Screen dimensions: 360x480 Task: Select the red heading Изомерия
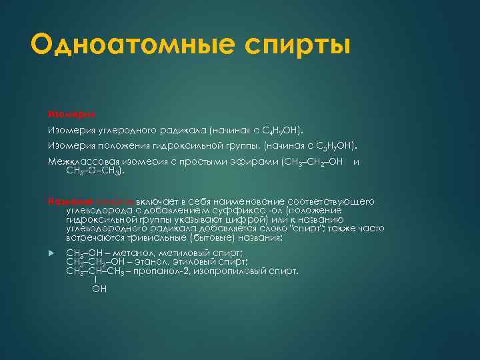(66, 112)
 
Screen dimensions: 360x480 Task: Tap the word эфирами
(253, 162)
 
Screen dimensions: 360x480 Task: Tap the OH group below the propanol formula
(99, 289)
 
